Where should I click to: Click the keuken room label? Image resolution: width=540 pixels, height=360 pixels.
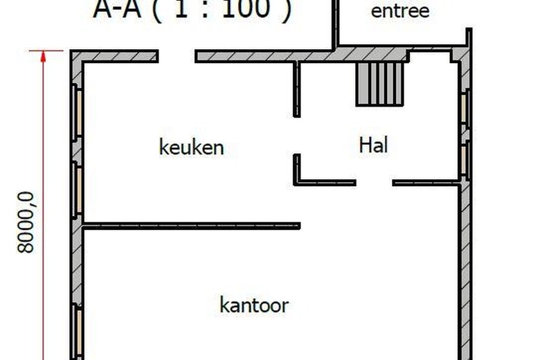[x=192, y=147]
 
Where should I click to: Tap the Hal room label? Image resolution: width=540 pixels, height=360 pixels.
[x=373, y=145]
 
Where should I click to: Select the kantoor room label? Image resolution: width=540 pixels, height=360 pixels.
[x=254, y=305]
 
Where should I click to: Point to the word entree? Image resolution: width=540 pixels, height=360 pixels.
[x=400, y=11]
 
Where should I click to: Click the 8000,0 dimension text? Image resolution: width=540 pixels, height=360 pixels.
[x=26, y=222]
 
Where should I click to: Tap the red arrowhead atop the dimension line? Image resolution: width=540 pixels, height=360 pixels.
[x=43, y=57]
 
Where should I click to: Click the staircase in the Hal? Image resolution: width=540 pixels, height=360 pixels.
[x=379, y=84]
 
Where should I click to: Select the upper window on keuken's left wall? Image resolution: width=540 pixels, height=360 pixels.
[x=79, y=111]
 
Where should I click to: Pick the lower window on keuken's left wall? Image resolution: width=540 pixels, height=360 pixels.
[x=79, y=190]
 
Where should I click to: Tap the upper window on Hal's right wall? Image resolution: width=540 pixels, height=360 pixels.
[x=465, y=107]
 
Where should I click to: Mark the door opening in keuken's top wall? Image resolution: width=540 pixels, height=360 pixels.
[x=176, y=56]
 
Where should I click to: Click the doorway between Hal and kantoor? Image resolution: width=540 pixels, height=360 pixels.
[x=374, y=183]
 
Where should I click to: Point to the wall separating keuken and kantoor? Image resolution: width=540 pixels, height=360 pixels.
[x=191, y=226]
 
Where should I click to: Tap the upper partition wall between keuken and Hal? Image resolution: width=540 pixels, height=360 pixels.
[x=297, y=89]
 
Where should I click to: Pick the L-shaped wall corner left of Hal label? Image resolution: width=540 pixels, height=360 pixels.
[x=298, y=180]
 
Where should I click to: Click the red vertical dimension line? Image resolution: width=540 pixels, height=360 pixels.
[x=43, y=208]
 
